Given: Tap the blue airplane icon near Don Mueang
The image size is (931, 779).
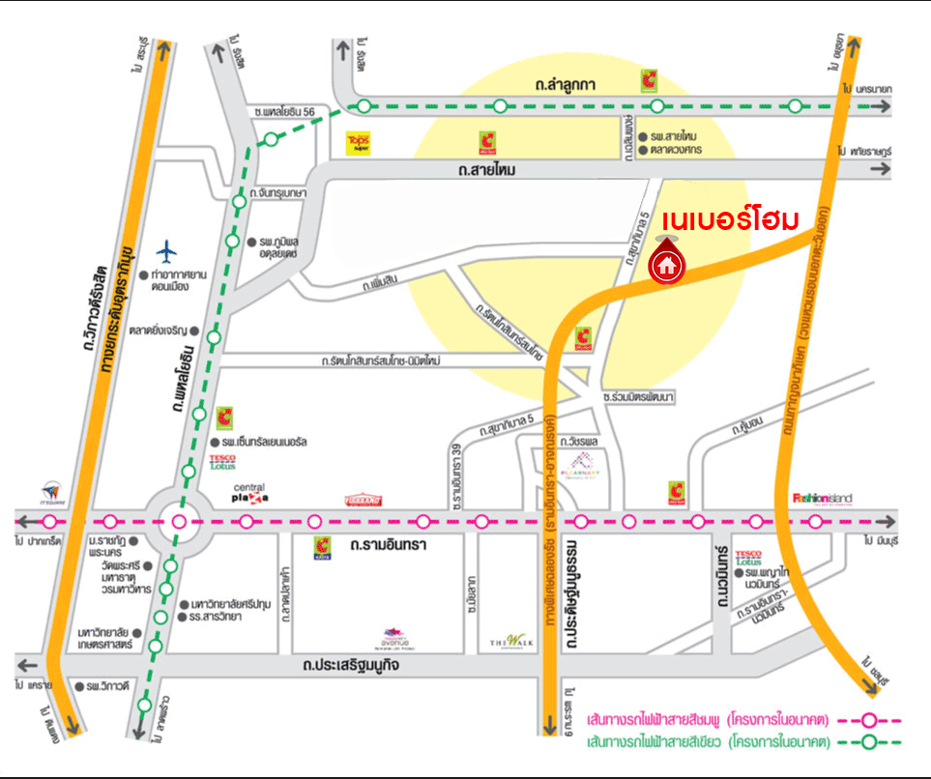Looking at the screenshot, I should (x=168, y=251).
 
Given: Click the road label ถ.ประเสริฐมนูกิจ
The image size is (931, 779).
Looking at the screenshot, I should (x=351, y=666).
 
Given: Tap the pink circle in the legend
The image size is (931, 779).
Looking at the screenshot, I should (x=869, y=720).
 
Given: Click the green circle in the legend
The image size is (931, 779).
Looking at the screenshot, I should (x=869, y=743).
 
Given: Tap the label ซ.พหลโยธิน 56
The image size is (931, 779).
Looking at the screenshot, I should (x=281, y=113).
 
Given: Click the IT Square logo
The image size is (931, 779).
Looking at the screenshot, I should (x=53, y=494).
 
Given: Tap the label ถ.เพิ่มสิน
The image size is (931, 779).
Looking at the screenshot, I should (x=382, y=282).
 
